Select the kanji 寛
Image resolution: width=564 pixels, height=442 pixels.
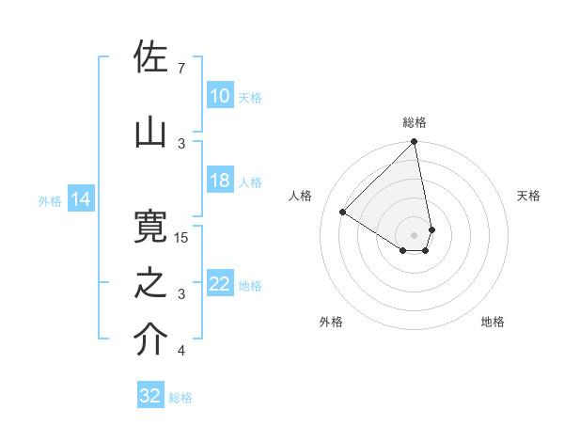(x=150, y=228)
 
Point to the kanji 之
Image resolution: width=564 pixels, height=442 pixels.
(x=150, y=283)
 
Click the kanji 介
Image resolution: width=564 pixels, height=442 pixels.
(x=150, y=340)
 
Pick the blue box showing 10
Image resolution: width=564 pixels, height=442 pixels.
(x=220, y=97)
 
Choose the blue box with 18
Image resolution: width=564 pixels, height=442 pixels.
(x=220, y=182)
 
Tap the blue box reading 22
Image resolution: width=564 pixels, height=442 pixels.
(x=220, y=285)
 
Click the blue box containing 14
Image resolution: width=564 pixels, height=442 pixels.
(x=80, y=199)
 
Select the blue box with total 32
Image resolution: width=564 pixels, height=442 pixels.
(x=150, y=396)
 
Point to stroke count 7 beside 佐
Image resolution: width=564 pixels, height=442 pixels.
(x=181, y=68)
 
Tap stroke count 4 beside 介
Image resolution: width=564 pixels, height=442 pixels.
(x=181, y=351)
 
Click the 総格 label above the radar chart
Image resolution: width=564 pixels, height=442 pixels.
(x=415, y=122)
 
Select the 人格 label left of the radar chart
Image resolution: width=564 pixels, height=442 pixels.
(x=301, y=196)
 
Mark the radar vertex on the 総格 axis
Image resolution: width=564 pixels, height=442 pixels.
(x=414, y=143)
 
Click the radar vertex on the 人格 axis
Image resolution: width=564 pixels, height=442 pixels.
(x=343, y=213)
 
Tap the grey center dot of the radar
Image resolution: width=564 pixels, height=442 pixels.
(x=414, y=234)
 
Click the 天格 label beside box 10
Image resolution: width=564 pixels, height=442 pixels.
(x=250, y=98)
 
